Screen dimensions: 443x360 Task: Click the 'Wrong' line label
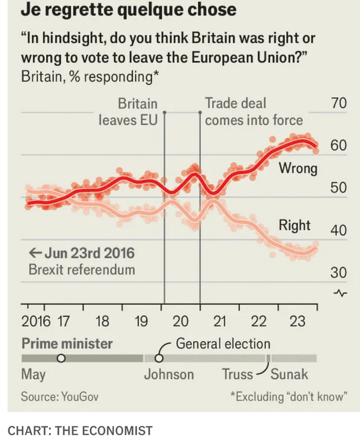coord(298,168)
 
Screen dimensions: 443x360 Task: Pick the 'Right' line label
coord(294,225)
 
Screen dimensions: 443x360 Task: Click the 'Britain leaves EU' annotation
coord(128,112)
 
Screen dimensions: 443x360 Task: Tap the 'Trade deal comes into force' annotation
coord(254,112)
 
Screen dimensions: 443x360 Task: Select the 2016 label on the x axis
coord(36,322)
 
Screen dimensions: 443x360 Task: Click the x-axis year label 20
coord(181,322)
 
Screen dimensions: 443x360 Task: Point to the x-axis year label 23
coord(297,322)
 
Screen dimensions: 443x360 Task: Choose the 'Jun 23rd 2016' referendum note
coord(82,254)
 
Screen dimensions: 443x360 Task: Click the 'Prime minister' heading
coord(67,344)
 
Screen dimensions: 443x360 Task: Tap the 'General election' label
coord(223,344)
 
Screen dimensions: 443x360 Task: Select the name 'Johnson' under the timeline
coord(169,374)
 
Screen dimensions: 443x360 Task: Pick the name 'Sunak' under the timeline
coord(289,374)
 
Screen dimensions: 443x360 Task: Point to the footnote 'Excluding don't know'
coord(287,396)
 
